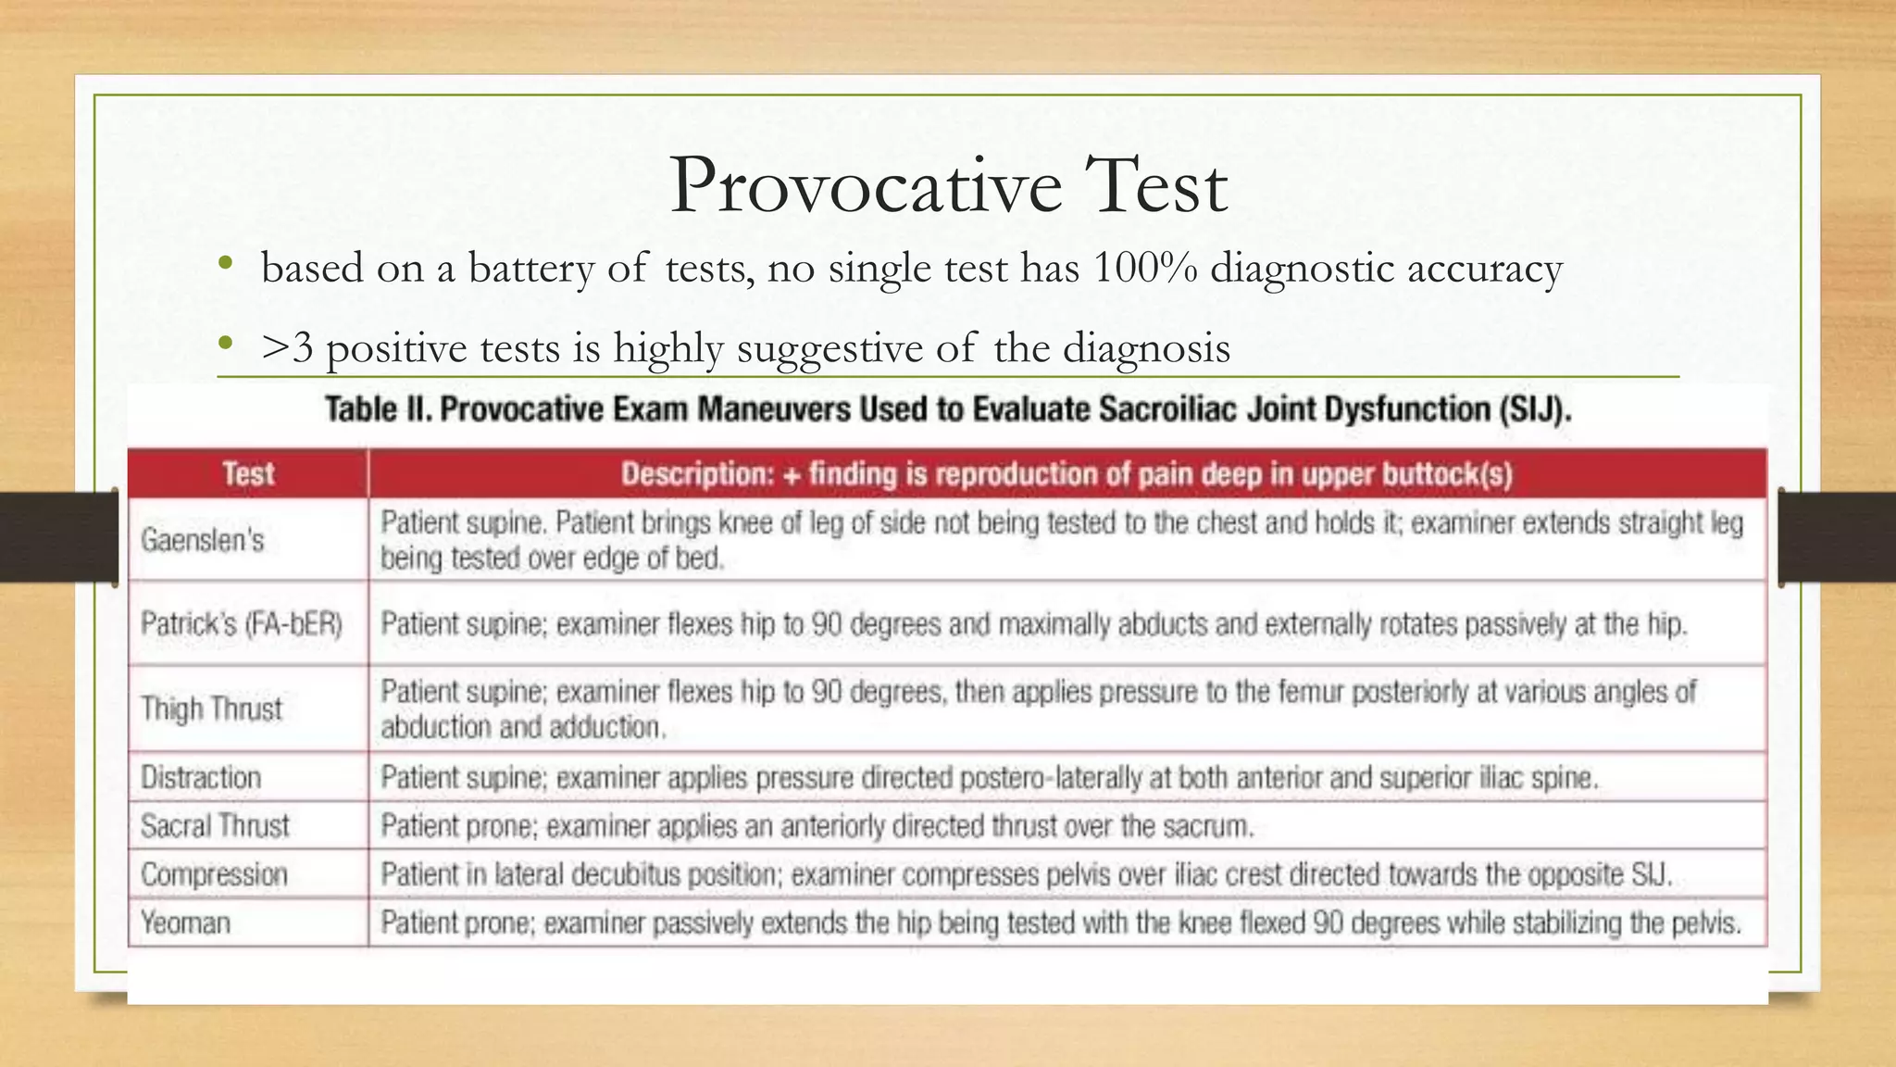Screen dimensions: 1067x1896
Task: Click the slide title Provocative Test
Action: [x=948, y=186]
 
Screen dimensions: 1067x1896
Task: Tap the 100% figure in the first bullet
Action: [x=1144, y=269]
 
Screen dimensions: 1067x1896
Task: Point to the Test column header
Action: [x=248, y=474]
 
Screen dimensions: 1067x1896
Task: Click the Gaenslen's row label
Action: [x=203, y=540]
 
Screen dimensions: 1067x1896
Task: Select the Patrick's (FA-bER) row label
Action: [x=242, y=624]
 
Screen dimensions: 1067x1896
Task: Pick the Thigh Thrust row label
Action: [x=212, y=709]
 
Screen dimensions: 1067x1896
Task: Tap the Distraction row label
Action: [x=201, y=777]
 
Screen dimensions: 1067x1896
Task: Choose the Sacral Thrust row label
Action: [x=215, y=825]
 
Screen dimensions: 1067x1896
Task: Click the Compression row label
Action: [x=214, y=874]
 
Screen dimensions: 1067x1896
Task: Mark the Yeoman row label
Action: [x=185, y=923]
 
